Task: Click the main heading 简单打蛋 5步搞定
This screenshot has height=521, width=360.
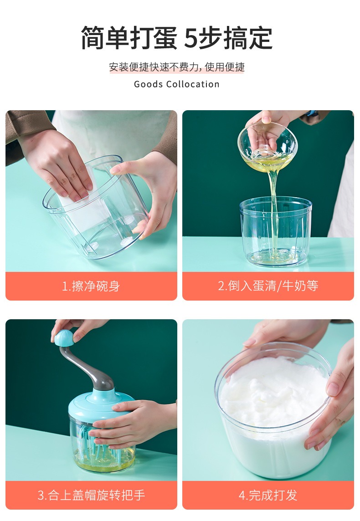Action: (177, 38)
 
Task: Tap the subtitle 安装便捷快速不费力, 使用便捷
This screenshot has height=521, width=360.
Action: (177, 67)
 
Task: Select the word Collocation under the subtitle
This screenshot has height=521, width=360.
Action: (193, 84)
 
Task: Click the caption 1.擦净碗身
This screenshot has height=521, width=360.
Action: (91, 286)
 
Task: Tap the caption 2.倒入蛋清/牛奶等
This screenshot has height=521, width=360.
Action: (268, 286)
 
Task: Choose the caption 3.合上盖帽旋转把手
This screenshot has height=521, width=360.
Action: (91, 495)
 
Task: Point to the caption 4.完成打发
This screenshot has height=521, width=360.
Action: (268, 495)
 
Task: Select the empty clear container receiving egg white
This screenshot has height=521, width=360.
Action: (276, 231)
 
